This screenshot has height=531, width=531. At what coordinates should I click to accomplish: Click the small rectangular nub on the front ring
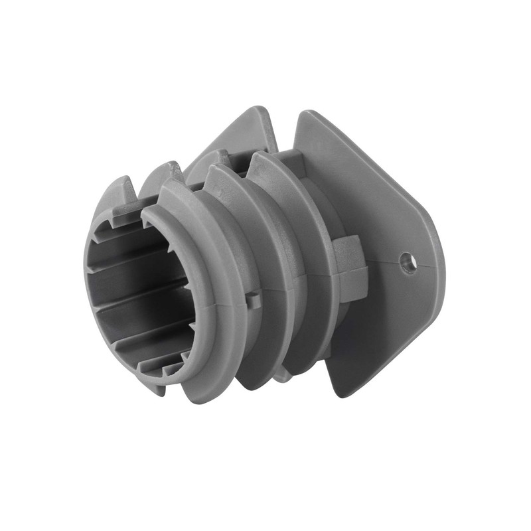(253, 300)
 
